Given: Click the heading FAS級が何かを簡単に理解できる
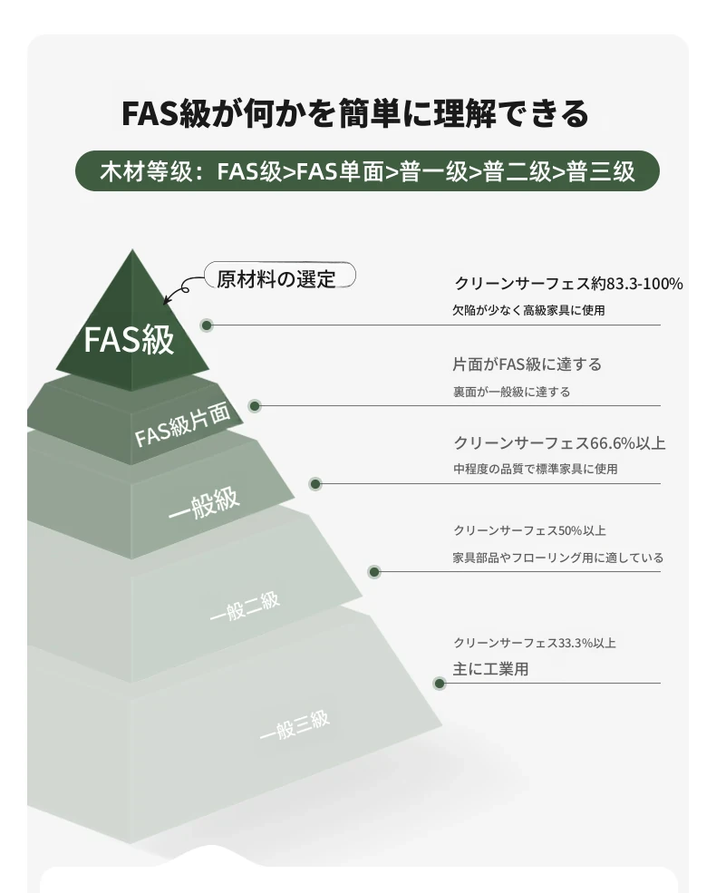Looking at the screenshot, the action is pos(355,112).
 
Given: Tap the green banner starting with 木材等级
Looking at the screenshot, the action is pos(367,170).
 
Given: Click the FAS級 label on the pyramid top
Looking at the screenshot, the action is pos(129,340).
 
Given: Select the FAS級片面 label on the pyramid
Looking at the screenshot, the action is pos(183,423).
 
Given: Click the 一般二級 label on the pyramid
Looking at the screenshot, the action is pos(244,607).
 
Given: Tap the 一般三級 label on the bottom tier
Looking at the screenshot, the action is pos(295,725).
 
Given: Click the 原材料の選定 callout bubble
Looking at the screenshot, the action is pos(280,277).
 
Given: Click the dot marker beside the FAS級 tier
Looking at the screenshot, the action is pos(207,325).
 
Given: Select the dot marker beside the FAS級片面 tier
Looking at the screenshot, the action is pos(255,406).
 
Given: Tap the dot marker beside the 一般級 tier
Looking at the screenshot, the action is pos(315,484).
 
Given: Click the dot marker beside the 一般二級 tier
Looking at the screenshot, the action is pos(374,572).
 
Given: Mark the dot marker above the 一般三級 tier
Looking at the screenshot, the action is pos(439,684).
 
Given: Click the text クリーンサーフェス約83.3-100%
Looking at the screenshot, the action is pos(568,283).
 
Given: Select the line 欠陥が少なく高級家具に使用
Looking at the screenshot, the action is pos(528,310).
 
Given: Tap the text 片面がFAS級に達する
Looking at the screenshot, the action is pos(527,364).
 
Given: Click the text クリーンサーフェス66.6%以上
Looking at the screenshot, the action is pos(559,442).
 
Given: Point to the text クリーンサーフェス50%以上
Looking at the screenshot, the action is pos(529,530).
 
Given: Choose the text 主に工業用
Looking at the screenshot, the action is pos(490,668).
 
